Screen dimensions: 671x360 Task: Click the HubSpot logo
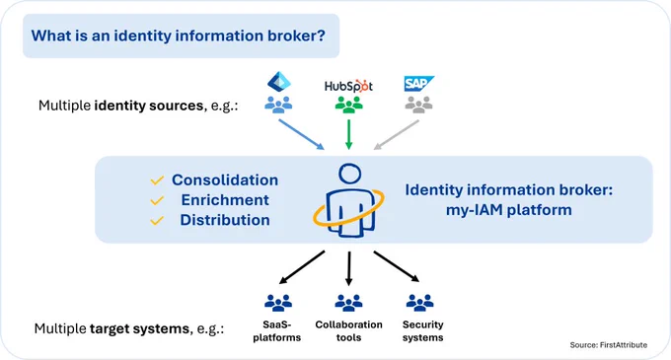348,86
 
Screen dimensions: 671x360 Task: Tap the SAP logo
418,84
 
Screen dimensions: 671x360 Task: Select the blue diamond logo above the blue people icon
279,82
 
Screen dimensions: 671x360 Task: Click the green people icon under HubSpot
348,105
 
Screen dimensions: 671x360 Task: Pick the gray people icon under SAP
419,105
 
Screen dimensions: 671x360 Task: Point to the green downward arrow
348,134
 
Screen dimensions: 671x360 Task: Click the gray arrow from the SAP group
397,135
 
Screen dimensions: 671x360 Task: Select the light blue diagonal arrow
302,134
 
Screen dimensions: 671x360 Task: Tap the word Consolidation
225,180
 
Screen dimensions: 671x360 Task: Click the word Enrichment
225,199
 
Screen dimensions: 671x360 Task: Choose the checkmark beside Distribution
157,220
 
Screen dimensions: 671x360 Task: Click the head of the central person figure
350,174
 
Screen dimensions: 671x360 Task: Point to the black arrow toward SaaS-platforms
302,267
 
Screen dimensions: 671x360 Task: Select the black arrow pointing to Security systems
397,266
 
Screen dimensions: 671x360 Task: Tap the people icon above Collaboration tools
348,303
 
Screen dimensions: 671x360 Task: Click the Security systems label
422,331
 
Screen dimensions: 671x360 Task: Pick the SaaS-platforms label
277,331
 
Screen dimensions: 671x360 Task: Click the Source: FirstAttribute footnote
609,345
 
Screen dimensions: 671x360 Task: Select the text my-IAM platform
509,210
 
